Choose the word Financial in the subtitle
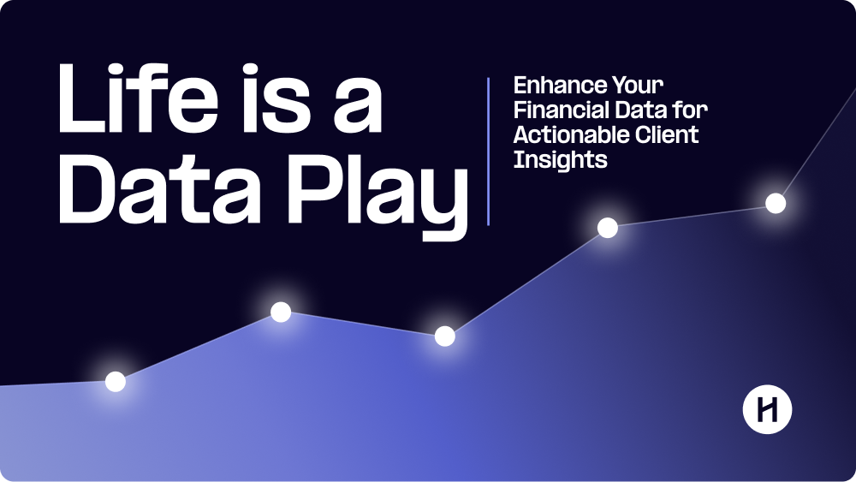click(562, 110)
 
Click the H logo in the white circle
click(767, 411)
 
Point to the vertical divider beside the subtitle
click(489, 151)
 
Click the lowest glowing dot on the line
click(116, 382)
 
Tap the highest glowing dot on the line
click(776, 203)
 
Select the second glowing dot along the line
click(281, 312)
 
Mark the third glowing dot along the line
click(444, 336)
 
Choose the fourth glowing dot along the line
click(608, 228)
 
